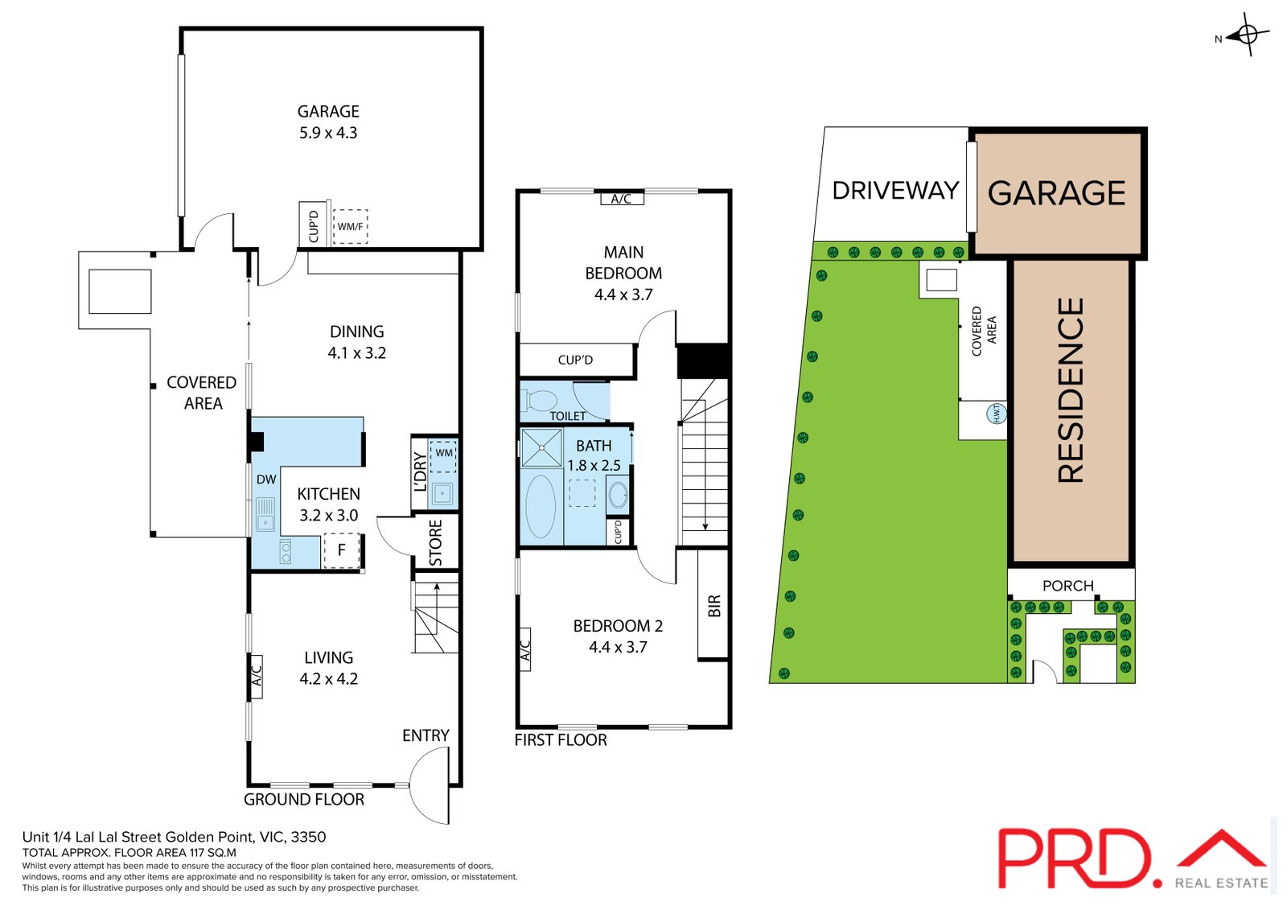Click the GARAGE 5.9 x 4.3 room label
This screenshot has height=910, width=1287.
[x=328, y=122]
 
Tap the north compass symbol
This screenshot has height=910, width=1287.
[x=1247, y=35]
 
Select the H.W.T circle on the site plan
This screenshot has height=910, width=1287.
[x=996, y=414]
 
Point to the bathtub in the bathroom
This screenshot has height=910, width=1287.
[x=541, y=507]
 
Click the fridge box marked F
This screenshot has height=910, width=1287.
[x=341, y=550]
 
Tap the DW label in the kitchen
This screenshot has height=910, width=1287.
[x=266, y=480]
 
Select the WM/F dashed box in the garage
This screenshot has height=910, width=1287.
[x=350, y=226]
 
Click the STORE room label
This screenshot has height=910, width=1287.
[x=436, y=542]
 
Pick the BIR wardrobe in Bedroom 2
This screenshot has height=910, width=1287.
[x=713, y=605]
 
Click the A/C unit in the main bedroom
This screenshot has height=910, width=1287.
[x=621, y=199]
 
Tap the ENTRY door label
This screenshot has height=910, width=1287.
[x=426, y=735]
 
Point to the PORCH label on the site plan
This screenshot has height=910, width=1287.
[x=1067, y=586]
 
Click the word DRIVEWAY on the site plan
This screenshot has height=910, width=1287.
[x=895, y=191]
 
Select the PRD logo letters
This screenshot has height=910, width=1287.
[x=1076, y=859]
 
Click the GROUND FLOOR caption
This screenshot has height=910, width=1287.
[x=304, y=799]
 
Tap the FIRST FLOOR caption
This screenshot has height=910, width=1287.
[x=561, y=740]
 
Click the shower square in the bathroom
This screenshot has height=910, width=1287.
[x=541, y=448]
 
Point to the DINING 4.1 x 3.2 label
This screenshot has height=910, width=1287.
[x=356, y=342]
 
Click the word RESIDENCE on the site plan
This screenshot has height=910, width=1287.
[x=1071, y=391]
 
